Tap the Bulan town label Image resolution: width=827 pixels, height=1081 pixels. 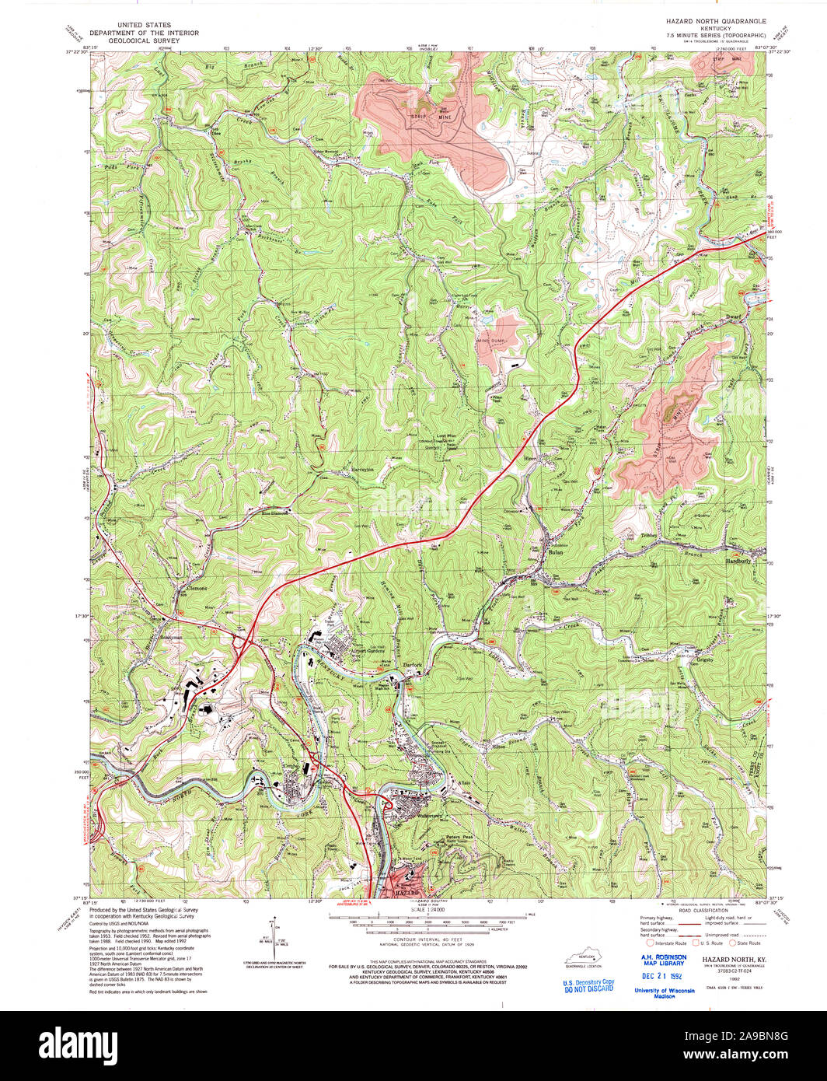tap(555, 551)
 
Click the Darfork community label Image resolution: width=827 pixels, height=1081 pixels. tap(412, 665)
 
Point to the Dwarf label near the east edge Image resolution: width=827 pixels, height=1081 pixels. tap(735, 317)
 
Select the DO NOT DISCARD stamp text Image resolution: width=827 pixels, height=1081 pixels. tap(588, 988)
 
